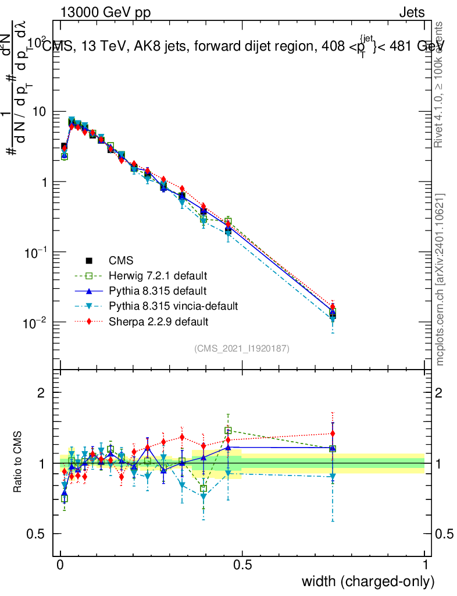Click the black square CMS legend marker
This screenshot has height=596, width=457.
[x=89, y=260]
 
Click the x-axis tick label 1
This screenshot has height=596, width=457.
[x=425, y=565]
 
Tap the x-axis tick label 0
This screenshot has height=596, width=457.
[x=60, y=565]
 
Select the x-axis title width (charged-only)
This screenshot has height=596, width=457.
[x=368, y=581]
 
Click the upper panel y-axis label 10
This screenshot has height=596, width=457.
[x=40, y=111]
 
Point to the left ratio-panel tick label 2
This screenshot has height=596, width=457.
[x=41, y=393]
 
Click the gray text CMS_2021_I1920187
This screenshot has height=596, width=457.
[x=242, y=349]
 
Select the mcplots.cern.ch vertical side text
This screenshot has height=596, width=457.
[x=440, y=279]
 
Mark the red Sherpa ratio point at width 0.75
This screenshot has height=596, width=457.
[x=333, y=434]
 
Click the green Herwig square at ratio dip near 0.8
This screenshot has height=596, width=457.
[x=203, y=488]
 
